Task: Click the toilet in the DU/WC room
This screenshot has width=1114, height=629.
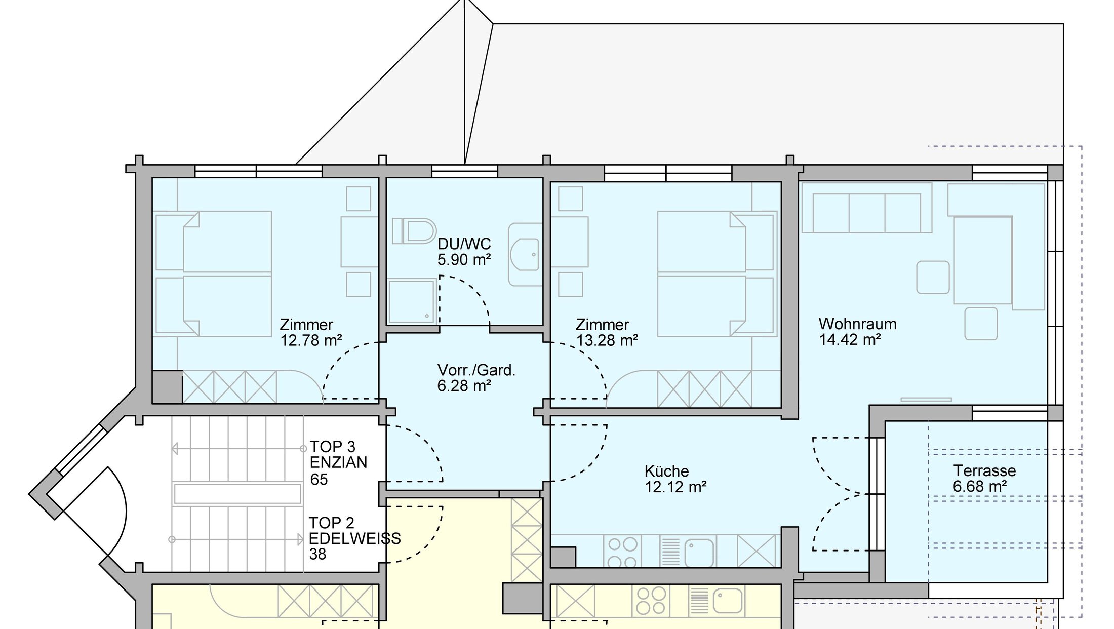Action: coord(414,231)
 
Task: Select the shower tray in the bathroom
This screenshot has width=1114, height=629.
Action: coord(412,302)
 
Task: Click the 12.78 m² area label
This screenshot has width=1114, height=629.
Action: coord(311,340)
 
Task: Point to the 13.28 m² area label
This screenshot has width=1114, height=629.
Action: coord(607,340)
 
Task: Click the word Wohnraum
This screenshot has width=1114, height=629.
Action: coord(857,324)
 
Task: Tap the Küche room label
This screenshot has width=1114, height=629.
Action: coord(666,471)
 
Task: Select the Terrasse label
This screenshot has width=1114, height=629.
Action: coord(984,470)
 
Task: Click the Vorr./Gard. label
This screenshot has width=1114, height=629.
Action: coord(476,370)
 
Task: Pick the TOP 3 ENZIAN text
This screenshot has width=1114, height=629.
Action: coord(338,454)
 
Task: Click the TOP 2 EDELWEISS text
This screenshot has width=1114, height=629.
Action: coord(354,530)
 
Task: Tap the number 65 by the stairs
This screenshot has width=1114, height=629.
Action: coord(319,479)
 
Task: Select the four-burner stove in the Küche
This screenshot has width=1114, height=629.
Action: coord(622,551)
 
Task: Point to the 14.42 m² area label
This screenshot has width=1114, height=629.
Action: coord(850,340)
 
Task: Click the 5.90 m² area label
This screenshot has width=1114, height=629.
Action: coord(464,260)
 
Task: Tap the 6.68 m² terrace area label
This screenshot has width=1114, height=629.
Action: coord(980,487)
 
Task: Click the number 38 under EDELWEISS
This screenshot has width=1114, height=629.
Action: coord(317,554)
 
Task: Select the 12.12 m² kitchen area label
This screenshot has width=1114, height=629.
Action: coord(675,487)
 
